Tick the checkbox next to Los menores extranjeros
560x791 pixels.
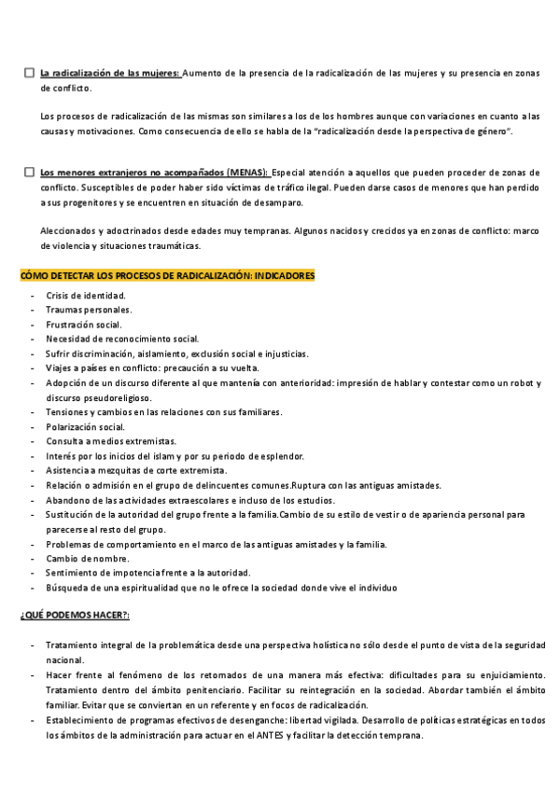click(30, 173)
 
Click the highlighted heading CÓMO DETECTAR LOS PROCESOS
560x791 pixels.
click(168, 276)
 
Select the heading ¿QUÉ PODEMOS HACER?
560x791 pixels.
click(75, 618)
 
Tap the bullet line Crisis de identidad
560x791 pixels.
click(86, 296)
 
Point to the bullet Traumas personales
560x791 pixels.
click(89, 310)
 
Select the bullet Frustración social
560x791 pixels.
click(84, 325)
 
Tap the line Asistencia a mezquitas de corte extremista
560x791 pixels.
click(142, 470)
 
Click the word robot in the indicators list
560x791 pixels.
click(523, 382)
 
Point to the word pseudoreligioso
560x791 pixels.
click(113, 397)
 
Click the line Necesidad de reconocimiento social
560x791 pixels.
click(122, 339)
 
